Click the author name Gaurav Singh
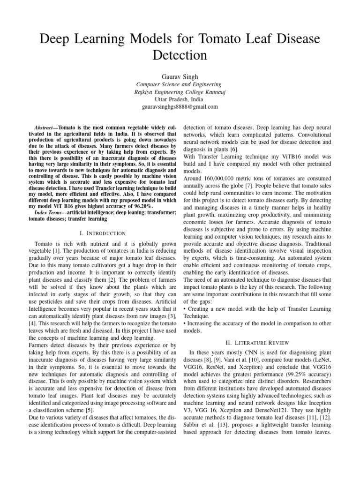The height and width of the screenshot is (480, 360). pyautogui.click(x=180, y=75)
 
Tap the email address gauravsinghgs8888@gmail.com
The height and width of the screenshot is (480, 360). pyautogui.click(x=180, y=107)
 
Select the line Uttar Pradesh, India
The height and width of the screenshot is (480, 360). pyautogui.click(x=180, y=99)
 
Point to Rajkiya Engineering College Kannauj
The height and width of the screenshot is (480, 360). pyautogui.click(x=180, y=92)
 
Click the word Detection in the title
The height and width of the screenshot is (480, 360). pyautogui.click(x=180, y=55)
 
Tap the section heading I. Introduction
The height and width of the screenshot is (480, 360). pyautogui.click(x=104, y=233)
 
